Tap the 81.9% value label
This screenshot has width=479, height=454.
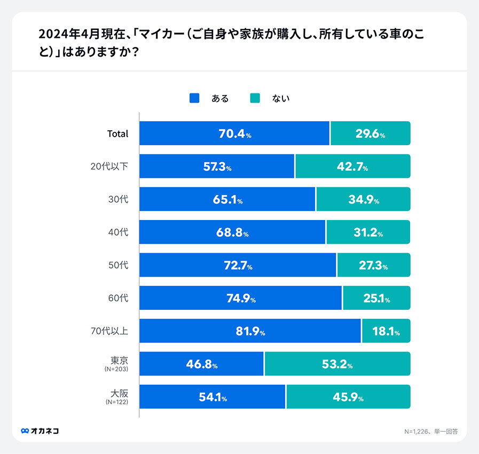[x=250, y=331]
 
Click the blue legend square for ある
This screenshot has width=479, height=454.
[x=194, y=98]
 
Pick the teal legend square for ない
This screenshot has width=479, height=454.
[x=255, y=98]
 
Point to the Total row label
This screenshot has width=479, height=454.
[x=118, y=134]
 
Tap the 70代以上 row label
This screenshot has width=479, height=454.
[x=109, y=331]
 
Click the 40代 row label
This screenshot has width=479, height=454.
[x=118, y=232]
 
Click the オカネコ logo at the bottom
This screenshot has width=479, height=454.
[x=40, y=431]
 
